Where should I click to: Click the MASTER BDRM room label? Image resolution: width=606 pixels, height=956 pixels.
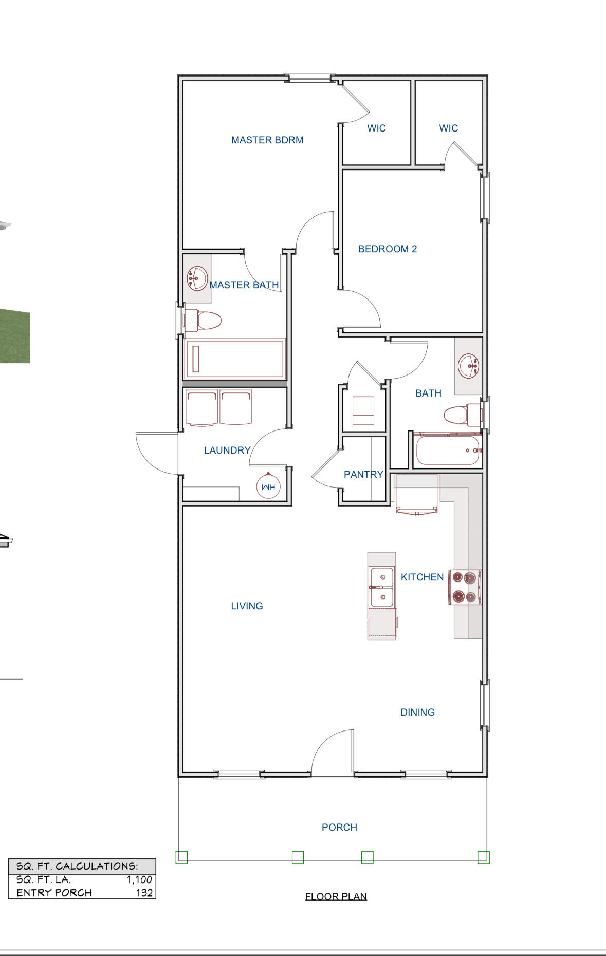tap(267, 140)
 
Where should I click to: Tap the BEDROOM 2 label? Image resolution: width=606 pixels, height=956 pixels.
tap(387, 249)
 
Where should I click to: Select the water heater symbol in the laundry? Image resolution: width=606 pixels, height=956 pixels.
tap(268, 486)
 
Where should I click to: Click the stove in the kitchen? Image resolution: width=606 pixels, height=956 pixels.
tap(465, 587)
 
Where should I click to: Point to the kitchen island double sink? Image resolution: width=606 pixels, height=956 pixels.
tap(381, 587)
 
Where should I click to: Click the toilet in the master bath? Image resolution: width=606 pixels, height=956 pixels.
tap(203, 321)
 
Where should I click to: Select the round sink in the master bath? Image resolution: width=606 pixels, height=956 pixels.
tap(196, 278)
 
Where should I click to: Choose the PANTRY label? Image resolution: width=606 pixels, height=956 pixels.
tap(363, 474)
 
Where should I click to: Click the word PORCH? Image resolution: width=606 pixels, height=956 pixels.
tap(339, 827)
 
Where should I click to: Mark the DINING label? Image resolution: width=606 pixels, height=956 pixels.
tap(417, 712)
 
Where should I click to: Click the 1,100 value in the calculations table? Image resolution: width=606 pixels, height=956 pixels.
tap(139, 879)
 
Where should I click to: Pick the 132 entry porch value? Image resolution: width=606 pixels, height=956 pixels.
tap(144, 893)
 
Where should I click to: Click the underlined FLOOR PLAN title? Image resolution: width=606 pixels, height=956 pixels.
tap(336, 896)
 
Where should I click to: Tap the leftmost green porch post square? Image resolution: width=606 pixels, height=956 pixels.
tap(181, 857)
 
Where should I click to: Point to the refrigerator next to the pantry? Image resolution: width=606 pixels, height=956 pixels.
tap(416, 493)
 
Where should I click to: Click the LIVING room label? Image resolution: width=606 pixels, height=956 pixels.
tap(247, 606)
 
